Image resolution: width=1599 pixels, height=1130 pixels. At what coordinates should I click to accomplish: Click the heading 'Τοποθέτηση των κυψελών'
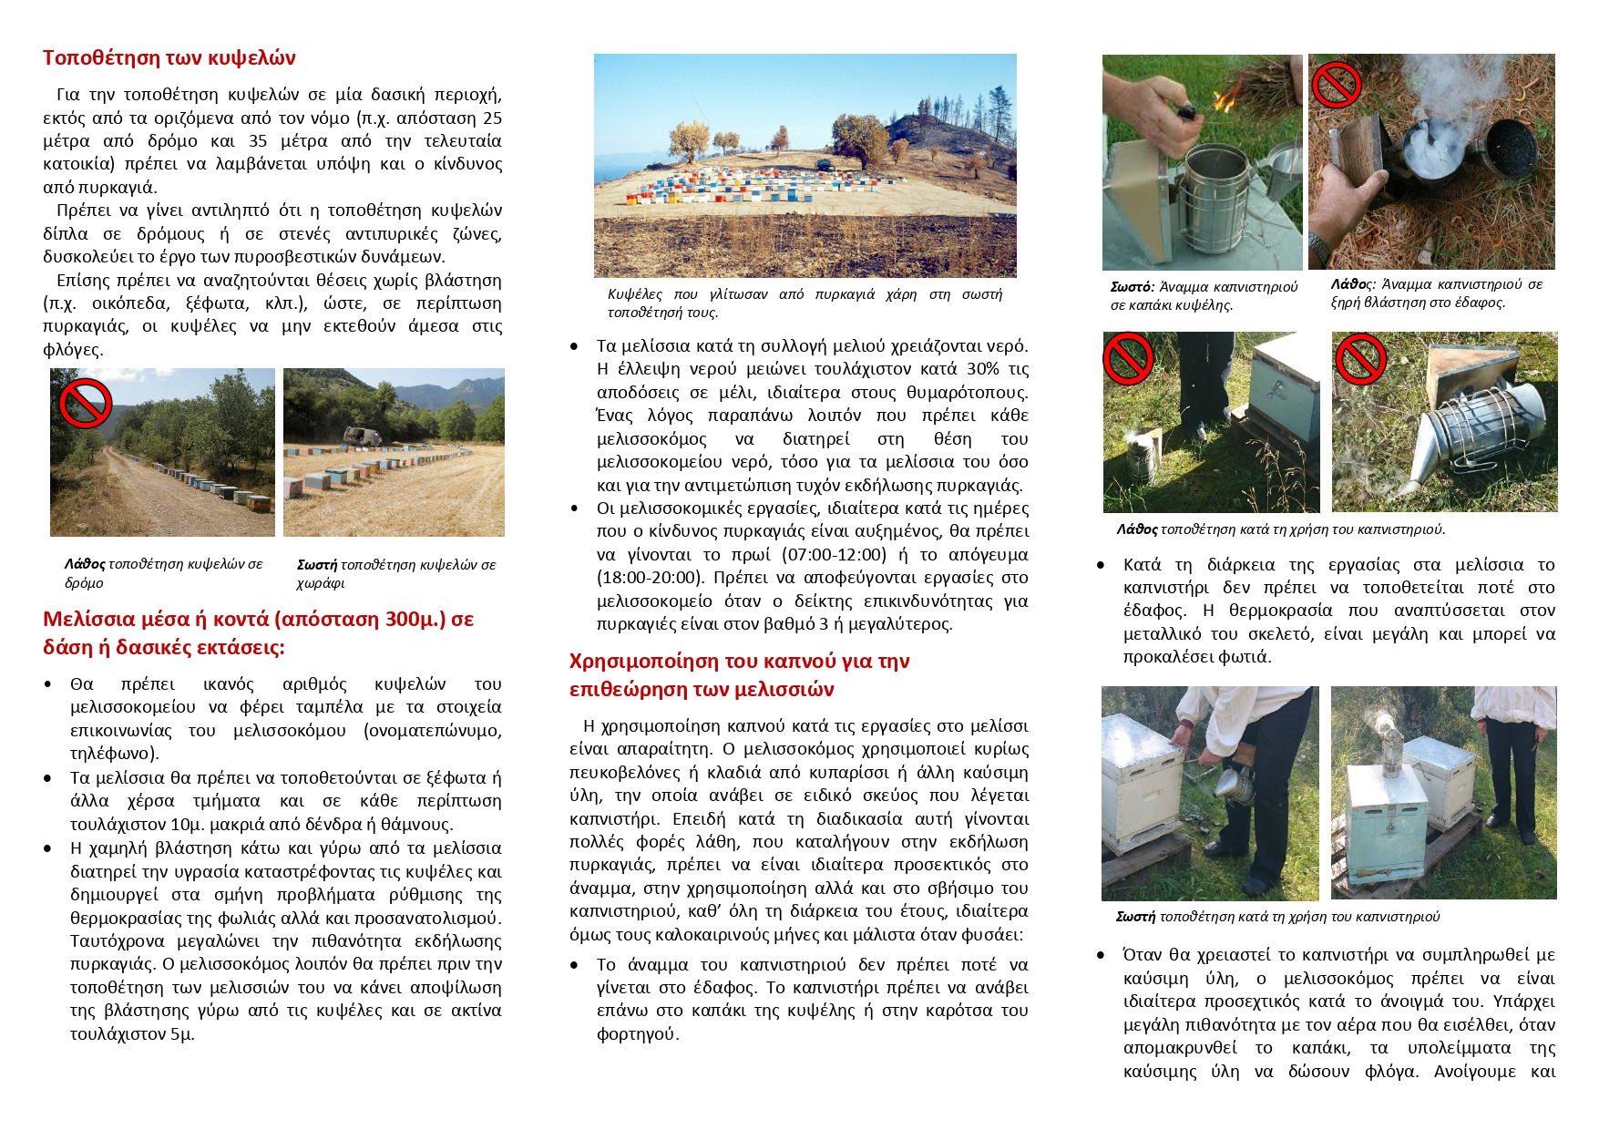(x=169, y=58)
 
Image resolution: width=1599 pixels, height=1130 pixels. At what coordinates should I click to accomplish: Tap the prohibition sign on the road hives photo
(x=85, y=403)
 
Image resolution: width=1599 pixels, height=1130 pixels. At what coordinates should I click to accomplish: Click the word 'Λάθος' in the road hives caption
(x=84, y=565)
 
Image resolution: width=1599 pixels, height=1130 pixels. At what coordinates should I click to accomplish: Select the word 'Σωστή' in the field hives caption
(x=317, y=565)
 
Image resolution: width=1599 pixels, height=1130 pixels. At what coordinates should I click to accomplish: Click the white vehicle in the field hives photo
(x=363, y=437)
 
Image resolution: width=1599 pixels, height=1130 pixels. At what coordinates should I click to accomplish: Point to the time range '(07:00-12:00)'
(x=834, y=555)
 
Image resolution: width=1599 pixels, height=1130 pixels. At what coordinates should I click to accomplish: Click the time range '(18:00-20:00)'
(x=650, y=578)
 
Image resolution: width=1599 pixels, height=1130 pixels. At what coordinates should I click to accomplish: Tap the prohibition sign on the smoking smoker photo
(x=1336, y=85)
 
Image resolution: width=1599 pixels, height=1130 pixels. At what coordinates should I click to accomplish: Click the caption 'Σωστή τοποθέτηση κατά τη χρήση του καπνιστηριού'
(x=1277, y=917)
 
